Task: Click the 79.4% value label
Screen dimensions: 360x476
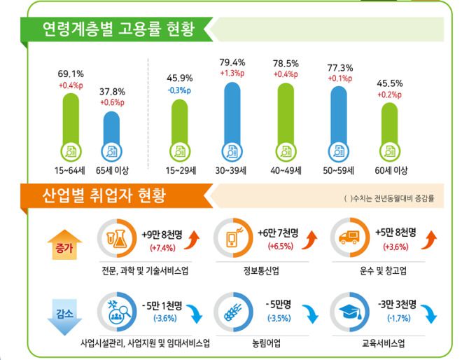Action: click(232, 62)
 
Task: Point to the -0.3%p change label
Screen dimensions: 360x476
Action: click(178, 91)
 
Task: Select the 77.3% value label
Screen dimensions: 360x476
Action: click(340, 67)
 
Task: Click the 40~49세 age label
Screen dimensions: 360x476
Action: click(286, 170)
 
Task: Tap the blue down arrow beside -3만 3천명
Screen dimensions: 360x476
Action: click(430, 314)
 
